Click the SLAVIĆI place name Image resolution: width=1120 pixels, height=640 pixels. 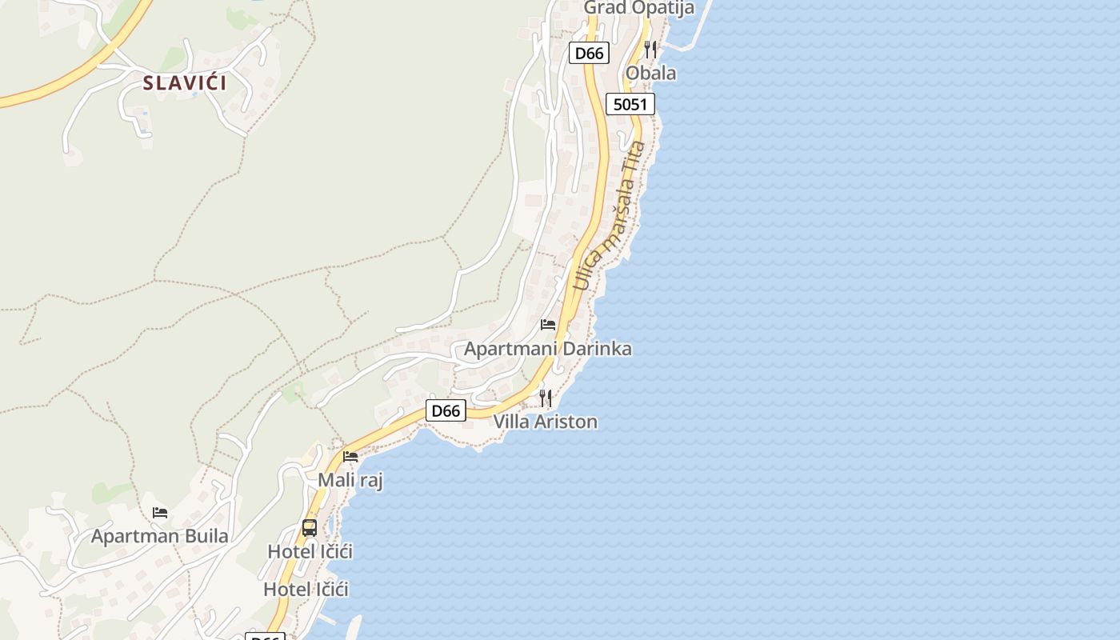point(185,82)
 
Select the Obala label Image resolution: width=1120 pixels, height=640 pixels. point(650,74)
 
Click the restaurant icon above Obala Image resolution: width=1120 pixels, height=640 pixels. point(650,50)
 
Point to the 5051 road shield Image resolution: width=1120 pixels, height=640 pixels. point(630,104)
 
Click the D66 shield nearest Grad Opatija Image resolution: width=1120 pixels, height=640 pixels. point(590,54)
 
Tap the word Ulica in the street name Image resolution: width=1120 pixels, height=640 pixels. point(583,271)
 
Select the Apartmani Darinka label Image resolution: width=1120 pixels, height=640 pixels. point(547,349)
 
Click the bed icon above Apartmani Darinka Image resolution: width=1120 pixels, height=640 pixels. point(548,325)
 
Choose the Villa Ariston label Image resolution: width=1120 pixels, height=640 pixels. point(545,422)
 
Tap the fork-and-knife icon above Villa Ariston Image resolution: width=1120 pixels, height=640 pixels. point(546,398)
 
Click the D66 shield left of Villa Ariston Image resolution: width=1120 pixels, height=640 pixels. point(446,411)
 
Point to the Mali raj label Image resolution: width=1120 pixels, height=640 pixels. point(350,480)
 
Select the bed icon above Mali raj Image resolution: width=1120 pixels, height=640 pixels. point(350,457)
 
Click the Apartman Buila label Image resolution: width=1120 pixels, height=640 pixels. point(159,536)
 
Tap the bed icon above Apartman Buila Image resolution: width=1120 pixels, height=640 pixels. point(160,513)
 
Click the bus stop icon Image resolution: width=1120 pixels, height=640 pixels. point(310,528)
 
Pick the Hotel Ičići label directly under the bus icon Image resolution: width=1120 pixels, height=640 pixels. point(310,552)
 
